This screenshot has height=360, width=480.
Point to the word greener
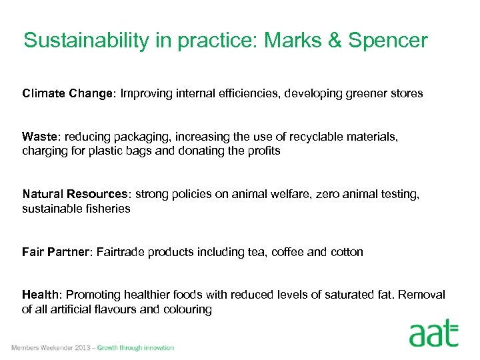[365, 93]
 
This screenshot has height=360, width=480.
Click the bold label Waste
[40, 137]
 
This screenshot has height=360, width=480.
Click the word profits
[263, 151]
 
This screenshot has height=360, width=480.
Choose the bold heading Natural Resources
[75, 195]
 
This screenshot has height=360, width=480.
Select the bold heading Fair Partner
[56, 252]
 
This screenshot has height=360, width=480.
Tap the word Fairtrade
[121, 252]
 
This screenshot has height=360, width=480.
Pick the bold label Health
[40, 295]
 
